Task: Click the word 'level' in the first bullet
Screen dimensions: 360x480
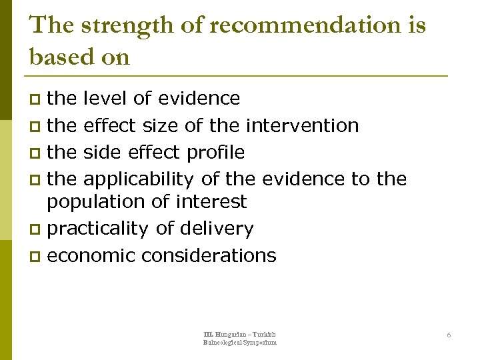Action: (105, 99)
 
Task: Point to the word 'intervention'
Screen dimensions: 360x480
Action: (303, 125)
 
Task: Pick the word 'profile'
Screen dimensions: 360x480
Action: (215, 153)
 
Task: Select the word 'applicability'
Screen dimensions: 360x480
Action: (138, 179)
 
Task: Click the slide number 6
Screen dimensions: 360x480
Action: (449, 335)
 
